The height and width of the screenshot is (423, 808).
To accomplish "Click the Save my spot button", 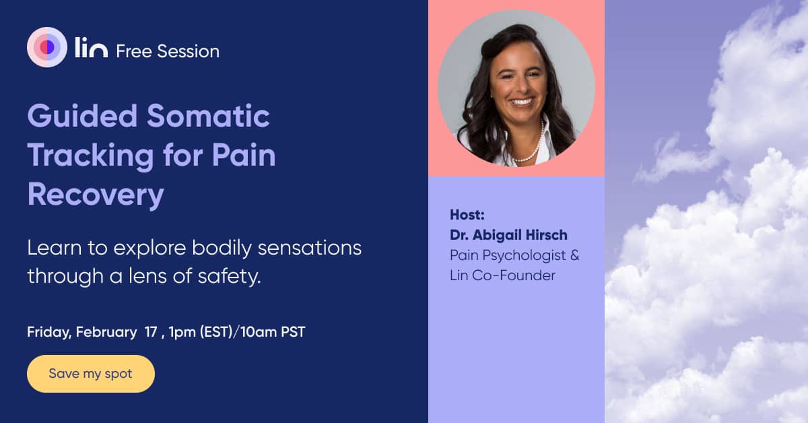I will (90, 374).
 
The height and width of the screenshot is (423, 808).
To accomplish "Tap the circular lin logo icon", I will (47, 47).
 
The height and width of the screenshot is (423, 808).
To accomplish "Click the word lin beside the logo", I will (91, 49).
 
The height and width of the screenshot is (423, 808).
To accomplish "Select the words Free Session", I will (168, 51).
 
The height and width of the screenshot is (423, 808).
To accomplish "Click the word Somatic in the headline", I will (209, 117).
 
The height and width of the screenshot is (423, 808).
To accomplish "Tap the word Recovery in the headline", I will (96, 195).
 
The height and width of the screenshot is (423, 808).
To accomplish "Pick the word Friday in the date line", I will (48, 332).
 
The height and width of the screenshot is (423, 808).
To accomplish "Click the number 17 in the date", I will (151, 332).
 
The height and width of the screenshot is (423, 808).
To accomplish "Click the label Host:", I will (467, 216).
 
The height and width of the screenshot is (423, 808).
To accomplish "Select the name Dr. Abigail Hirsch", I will (508, 235).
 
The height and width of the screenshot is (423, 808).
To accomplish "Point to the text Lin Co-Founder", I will (502, 275).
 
